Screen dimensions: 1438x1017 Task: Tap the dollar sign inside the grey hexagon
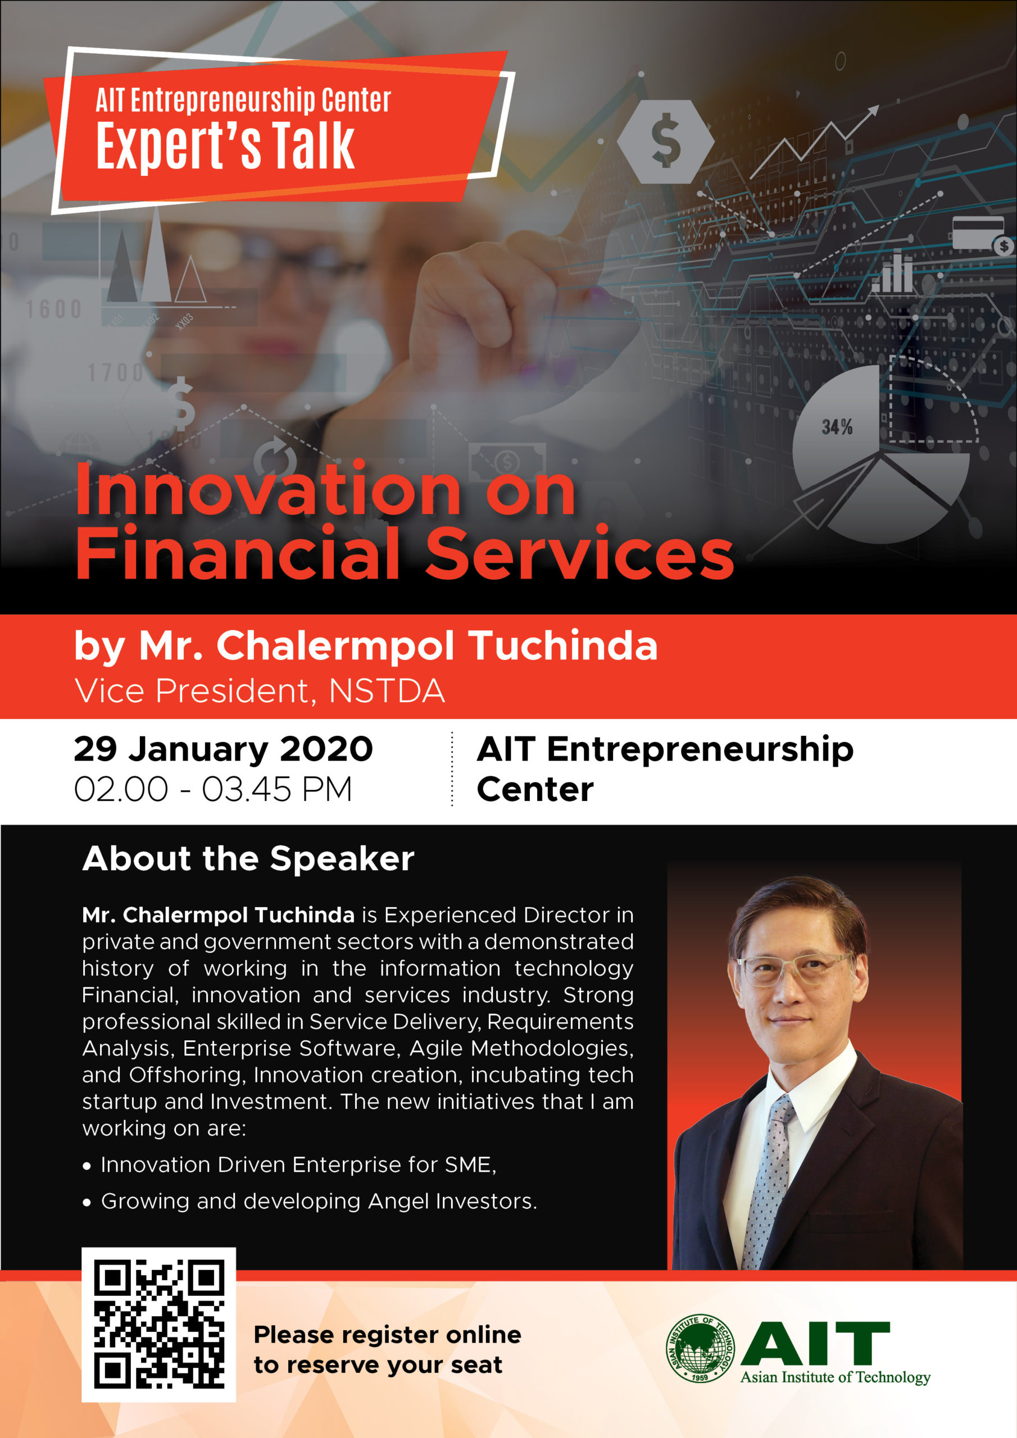coord(665,141)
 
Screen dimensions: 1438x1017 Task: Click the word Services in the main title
coord(580,554)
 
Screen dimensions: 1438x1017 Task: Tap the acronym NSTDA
coord(387,691)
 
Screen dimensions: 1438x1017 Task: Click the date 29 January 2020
coord(223,749)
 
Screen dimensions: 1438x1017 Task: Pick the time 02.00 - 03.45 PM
coord(213,789)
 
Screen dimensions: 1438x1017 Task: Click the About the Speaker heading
coord(248,858)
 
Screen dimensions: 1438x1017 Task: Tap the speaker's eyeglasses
coord(794,968)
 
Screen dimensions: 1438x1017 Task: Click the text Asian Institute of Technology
coord(836,1377)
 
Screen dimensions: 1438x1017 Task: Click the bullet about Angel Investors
coord(319,1202)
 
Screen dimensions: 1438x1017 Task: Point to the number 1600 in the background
coord(54,309)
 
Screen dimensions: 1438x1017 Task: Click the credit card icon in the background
coord(978,233)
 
